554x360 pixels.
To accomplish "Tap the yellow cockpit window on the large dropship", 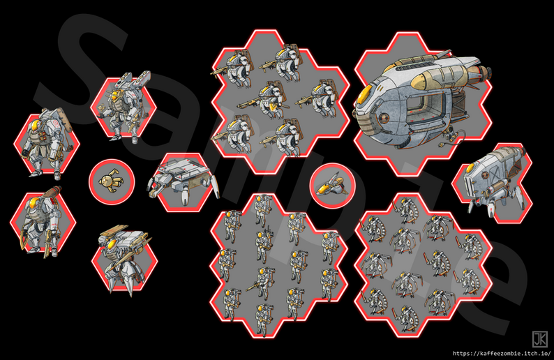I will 364,104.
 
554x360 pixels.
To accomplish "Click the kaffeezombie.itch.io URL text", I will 497,353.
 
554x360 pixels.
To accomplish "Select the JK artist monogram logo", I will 539,339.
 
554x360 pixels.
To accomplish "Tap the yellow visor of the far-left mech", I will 32,126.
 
